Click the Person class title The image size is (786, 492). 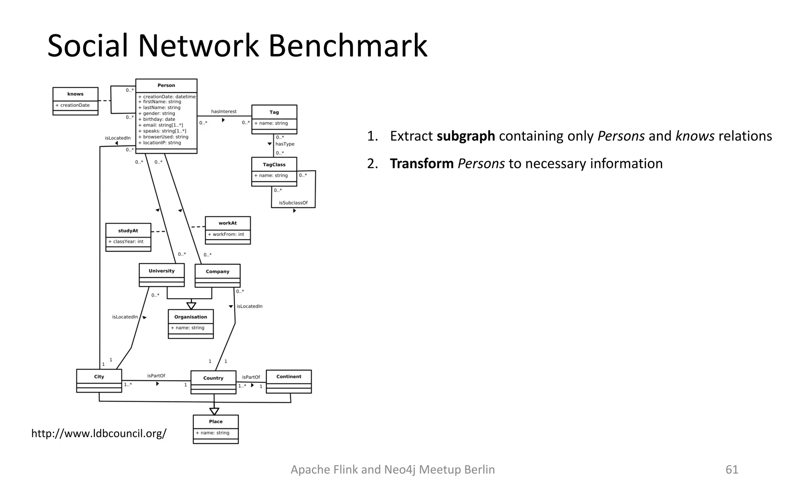(166, 85)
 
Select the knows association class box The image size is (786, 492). (75, 101)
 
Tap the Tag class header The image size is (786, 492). (274, 112)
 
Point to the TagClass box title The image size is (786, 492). (274, 165)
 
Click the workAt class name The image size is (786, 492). (228, 223)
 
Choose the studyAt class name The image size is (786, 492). (128, 231)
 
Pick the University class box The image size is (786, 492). (162, 274)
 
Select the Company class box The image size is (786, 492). (217, 275)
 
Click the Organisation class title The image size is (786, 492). (190, 317)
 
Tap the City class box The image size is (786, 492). (99, 381)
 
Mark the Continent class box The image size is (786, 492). (289, 381)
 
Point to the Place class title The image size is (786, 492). (216, 421)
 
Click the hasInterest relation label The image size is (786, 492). (224, 111)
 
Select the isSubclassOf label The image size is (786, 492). (293, 203)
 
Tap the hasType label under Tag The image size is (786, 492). (285, 144)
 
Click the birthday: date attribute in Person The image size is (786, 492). (159, 119)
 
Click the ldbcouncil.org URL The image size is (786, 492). (99, 434)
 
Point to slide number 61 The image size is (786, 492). (732, 469)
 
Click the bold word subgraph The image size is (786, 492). (466, 136)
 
